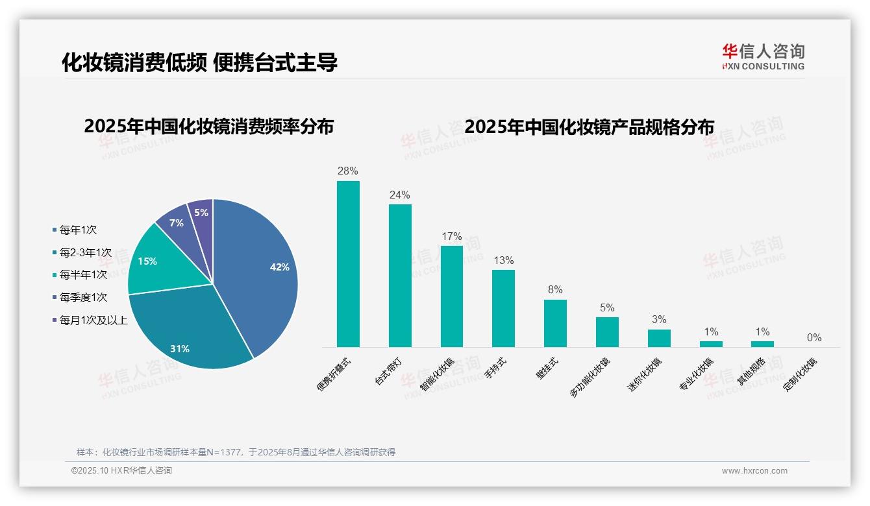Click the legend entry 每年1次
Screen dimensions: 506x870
(78, 230)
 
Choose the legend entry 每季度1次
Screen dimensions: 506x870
(83, 297)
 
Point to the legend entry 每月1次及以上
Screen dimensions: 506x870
(93, 320)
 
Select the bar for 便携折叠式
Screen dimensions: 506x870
(348, 264)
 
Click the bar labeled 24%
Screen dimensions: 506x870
(400, 276)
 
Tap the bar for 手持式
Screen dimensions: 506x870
(503, 308)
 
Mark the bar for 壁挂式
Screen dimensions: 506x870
(555, 323)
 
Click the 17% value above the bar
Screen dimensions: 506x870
(451, 237)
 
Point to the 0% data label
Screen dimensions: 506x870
(814, 337)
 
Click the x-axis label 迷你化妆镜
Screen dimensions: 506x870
(644, 374)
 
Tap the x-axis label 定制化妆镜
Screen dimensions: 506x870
(800, 374)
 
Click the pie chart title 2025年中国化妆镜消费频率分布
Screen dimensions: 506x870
(208, 126)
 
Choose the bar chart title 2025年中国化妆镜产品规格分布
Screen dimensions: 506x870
(589, 126)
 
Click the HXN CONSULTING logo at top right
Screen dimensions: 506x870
(763, 57)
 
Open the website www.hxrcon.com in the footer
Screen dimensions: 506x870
(754, 471)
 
